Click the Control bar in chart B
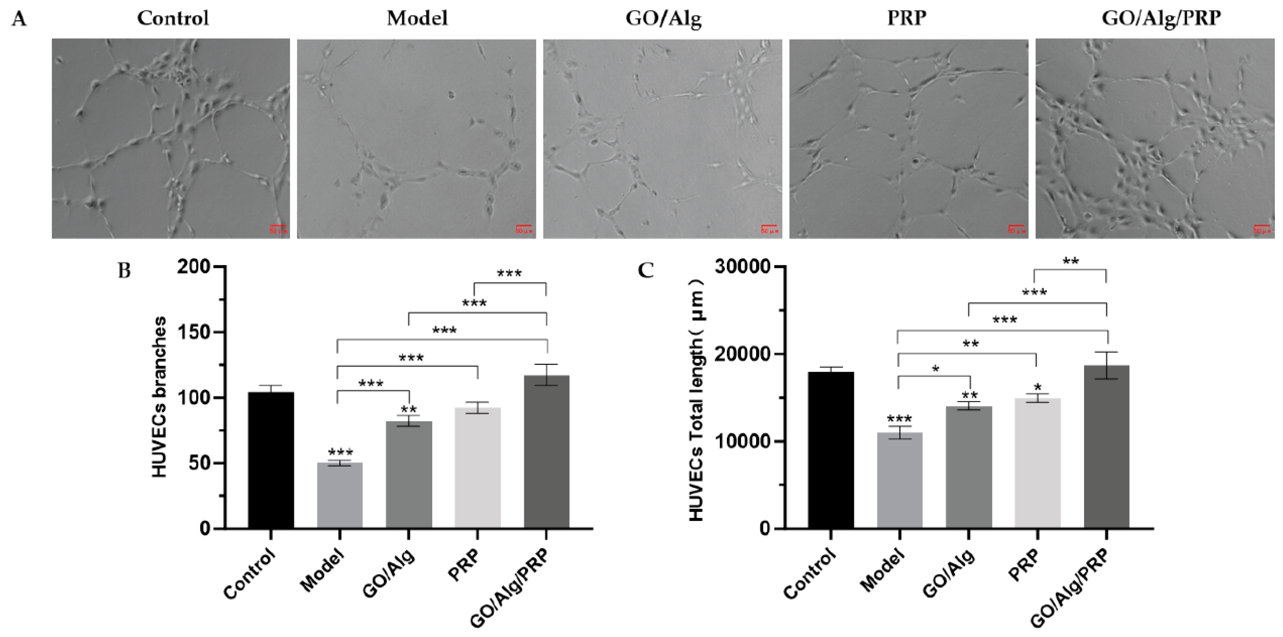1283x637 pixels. click(271, 460)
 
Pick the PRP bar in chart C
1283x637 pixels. click(1037, 463)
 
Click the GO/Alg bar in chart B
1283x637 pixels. click(409, 475)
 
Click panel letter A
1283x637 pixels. click(19, 19)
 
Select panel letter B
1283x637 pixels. click(123, 271)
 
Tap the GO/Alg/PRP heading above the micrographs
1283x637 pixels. click(1161, 18)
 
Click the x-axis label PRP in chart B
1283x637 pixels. click(464, 565)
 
